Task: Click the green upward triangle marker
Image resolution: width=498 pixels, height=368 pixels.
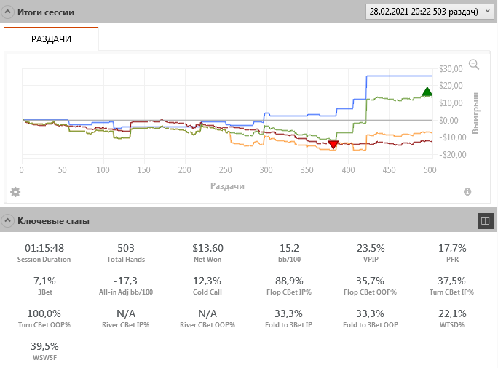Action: click(x=427, y=92)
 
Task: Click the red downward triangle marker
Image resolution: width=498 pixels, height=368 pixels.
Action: click(x=333, y=145)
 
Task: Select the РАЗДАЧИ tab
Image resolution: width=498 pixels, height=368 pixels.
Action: click(x=51, y=39)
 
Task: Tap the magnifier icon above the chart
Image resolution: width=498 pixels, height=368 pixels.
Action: click(x=474, y=65)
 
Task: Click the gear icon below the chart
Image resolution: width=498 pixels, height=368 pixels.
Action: click(x=15, y=192)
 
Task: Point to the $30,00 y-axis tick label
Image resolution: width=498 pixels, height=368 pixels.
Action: click(x=451, y=69)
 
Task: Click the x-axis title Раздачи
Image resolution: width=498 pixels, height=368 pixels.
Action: click(x=227, y=186)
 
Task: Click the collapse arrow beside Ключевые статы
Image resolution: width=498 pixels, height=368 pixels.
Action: click(x=8, y=220)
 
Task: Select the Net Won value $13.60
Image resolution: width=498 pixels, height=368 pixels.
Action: click(x=207, y=248)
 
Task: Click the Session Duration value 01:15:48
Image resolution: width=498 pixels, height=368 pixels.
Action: click(x=45, y=248)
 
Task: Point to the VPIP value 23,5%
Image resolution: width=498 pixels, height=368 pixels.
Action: click(x=370, y=248)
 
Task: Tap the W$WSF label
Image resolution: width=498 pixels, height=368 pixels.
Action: click(x=45, y=357)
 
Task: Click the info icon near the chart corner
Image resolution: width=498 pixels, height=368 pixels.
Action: click(x=467, y=192)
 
